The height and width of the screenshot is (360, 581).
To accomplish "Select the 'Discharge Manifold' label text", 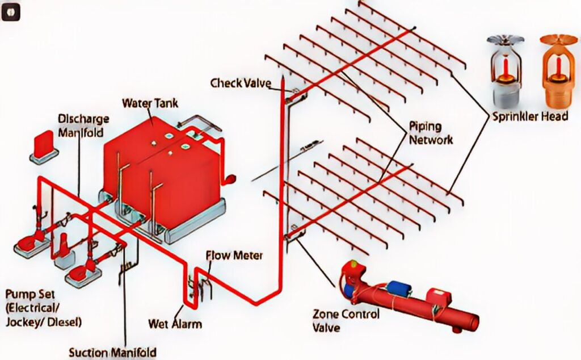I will (x=83, y=125).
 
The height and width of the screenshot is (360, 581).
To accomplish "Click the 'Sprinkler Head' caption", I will (x=529, y=117).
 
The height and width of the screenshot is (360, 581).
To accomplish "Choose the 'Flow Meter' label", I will (x=234, y=256).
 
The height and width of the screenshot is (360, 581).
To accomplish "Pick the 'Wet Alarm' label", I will (x=175, y=324).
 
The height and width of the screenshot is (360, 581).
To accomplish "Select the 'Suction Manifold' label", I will (x=112, y=352).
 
